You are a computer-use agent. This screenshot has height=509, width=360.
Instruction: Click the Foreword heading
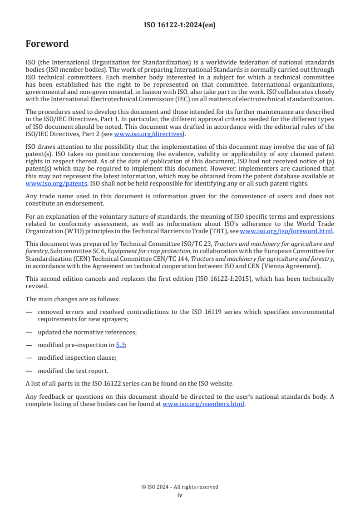coord(47,44)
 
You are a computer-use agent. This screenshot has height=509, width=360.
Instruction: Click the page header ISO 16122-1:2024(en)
coord(180,25)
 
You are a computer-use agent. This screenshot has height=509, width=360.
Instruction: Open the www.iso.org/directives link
coord(148,134)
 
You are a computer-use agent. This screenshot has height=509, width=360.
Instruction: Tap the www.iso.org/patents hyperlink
coord(44,183)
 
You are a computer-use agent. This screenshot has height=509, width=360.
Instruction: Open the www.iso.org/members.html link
coord(203,404)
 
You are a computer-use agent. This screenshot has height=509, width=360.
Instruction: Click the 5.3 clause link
coord(120,345)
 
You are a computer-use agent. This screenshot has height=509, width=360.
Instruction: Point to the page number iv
coord(180,495)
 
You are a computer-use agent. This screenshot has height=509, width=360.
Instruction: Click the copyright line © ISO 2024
coord(180,487)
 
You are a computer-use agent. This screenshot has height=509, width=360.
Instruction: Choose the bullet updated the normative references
coord(87,332)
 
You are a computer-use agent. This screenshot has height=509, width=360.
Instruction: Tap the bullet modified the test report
coord(73,371)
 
